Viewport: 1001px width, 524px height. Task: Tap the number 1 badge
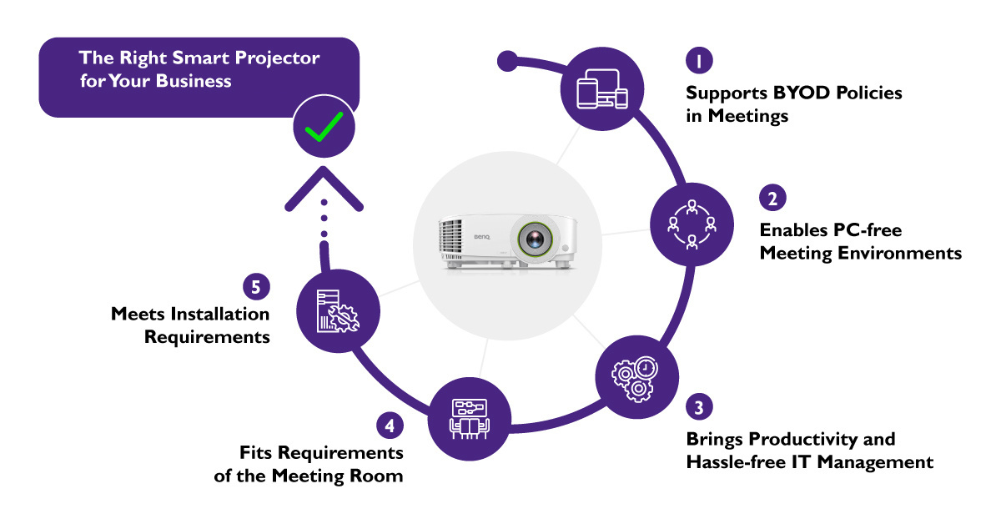coord(698,61)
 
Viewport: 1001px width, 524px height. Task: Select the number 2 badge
coord(772,199)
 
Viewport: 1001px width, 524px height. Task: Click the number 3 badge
coord(698,408)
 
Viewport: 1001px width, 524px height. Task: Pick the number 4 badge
coord(389,425)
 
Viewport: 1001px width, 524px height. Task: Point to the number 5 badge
coord(256,286)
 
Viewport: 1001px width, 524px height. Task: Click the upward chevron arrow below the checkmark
coord(324,189)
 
